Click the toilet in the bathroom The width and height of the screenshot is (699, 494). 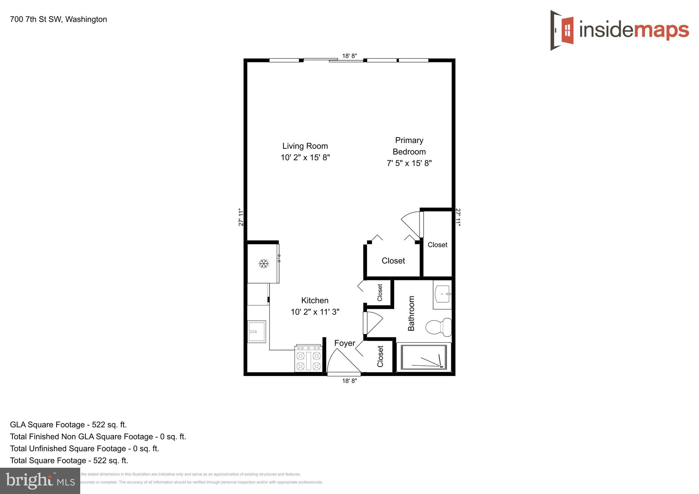(x=439, y=327)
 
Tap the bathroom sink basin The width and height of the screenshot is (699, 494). (x=443, y=294)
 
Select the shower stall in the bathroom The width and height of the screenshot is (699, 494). (x=424, y=357)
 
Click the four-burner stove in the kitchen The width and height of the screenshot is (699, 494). (x=309, y=359)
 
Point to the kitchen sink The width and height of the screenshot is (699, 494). (x=256, y=331)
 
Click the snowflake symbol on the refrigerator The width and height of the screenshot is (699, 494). (x=263, y=263)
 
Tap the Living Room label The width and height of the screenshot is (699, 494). (x=305, y=146)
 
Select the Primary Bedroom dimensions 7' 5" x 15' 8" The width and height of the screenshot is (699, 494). (x=409, y=163)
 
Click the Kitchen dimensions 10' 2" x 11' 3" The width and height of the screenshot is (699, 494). (x=315, y=312)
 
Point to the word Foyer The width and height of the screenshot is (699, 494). (x=344, y=343)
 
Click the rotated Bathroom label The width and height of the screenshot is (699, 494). (x=411, y=313)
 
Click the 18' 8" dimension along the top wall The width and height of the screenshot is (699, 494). (x=349, y=56)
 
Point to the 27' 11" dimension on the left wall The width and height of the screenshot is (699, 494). (x=241, y=217)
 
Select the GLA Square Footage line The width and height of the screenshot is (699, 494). (x=68, y=425)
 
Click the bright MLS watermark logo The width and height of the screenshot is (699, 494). (x=40, y=481)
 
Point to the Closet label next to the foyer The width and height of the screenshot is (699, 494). (x=380, y=357)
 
